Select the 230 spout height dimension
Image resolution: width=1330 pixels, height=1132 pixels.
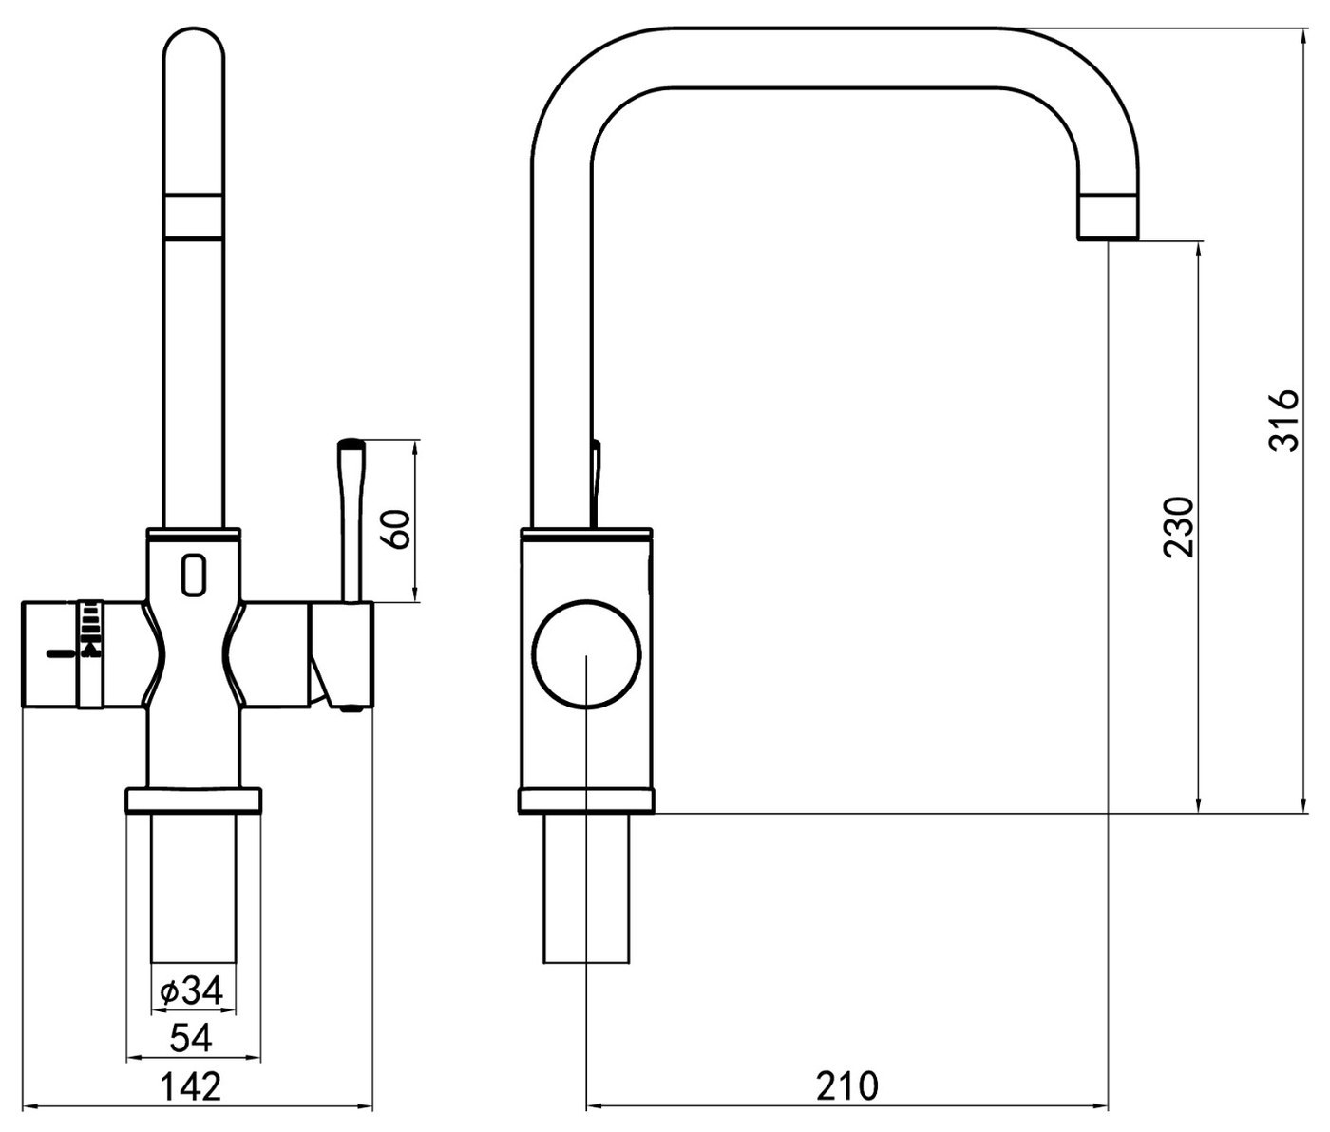tap(1179, 527)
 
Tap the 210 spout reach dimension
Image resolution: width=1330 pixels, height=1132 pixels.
tap(847, 1086)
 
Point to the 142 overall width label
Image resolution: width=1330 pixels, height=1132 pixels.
tap(190, 1087)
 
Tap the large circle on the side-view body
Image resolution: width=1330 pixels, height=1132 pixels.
tap(586, 654)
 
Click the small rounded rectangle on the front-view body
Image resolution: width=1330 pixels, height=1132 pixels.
tap(194, 575)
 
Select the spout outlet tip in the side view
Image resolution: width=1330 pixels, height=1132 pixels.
tap(1108, 217)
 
